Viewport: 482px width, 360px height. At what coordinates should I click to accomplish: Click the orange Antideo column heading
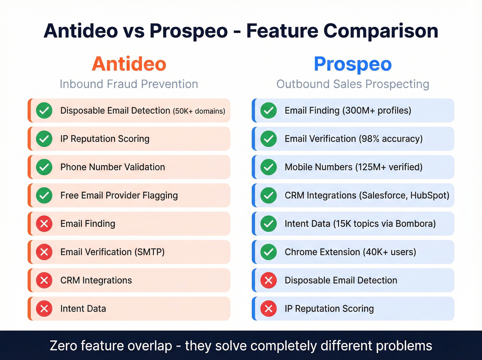[129, 64]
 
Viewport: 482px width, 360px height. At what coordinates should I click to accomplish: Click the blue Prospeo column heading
[353, 64]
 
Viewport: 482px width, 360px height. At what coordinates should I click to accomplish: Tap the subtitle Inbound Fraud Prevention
[129, 84]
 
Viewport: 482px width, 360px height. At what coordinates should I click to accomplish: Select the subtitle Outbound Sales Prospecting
[353, 84]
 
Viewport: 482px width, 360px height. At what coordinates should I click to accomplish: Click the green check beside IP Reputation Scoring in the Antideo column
[44, 139]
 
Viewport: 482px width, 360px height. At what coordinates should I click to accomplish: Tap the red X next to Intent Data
[44, 309]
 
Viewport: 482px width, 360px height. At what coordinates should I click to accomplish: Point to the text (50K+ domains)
[199, 111]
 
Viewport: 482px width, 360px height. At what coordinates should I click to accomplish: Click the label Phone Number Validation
[113, 167]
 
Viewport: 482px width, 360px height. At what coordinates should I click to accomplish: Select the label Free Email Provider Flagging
[119, 195]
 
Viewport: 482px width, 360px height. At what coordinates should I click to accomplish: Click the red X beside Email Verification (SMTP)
[44, 252]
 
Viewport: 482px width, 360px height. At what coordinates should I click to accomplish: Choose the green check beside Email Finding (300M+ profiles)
[269, 111]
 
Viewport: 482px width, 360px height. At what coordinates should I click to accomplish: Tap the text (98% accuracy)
[390, 139]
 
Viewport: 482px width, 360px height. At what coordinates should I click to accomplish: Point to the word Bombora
[415, 224]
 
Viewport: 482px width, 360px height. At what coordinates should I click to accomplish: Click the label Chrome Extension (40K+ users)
[350, 252]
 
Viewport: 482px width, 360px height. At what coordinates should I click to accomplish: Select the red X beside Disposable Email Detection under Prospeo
[269, 280]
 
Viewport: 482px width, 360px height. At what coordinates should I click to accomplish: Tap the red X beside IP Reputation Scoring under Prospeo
[269, 309]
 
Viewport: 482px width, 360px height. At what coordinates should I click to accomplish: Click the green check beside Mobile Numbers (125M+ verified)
[269, 167]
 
